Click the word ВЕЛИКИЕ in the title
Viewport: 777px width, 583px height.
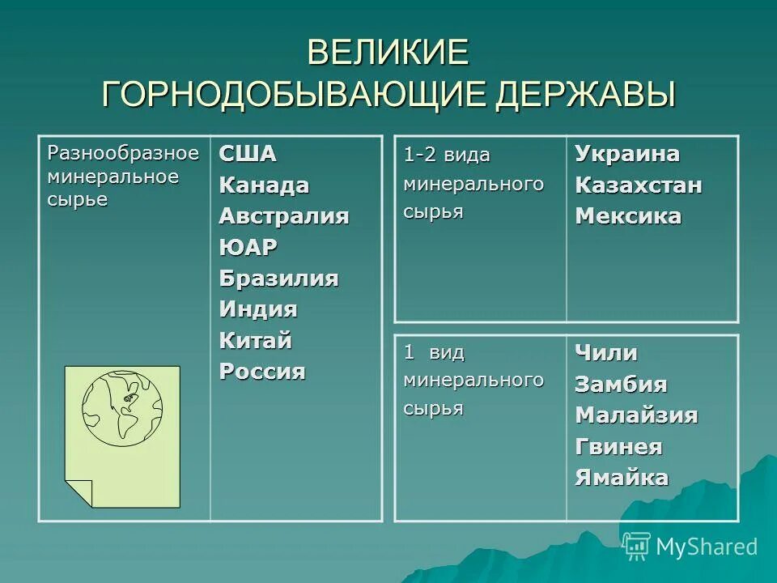(388, 53)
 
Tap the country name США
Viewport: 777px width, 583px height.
(248, 154)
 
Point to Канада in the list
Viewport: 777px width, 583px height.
(264, 185)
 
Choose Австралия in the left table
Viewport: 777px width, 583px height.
(283, 216)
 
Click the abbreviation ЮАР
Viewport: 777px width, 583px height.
(248, 247)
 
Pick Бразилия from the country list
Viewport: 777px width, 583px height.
(278, 279)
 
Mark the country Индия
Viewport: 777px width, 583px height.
(258, 309)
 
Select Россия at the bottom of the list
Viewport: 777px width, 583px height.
(262, 372)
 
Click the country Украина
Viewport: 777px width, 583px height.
(627, 154)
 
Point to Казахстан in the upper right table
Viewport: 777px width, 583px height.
(639, 185)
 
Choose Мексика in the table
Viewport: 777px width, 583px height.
(628, 216)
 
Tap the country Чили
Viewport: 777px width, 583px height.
(606, 353)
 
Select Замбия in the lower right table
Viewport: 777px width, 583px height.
(621, 385)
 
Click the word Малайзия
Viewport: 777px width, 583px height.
(636, 415)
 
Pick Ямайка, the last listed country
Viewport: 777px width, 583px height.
(622, 478)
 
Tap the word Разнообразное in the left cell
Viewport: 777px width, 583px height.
(123, 152)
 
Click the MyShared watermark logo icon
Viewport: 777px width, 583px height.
(637, 547)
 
